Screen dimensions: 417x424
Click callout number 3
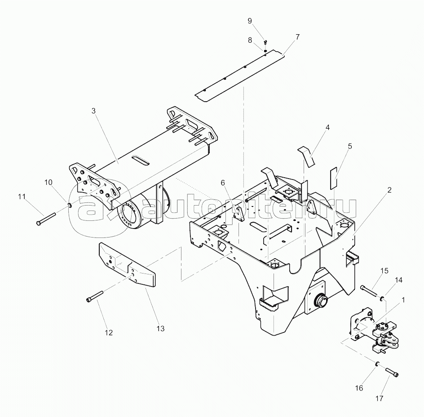point(94,110)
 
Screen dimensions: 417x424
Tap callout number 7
point(298,36)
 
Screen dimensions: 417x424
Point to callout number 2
point(389,190)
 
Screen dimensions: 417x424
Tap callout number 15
point(384,270)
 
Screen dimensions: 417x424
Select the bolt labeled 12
point(96,297)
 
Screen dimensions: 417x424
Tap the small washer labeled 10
point(69,206)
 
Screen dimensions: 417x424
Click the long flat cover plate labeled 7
point(240,76)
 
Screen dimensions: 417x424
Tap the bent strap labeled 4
point(308,154)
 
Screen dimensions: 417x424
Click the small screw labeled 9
point(265,42)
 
